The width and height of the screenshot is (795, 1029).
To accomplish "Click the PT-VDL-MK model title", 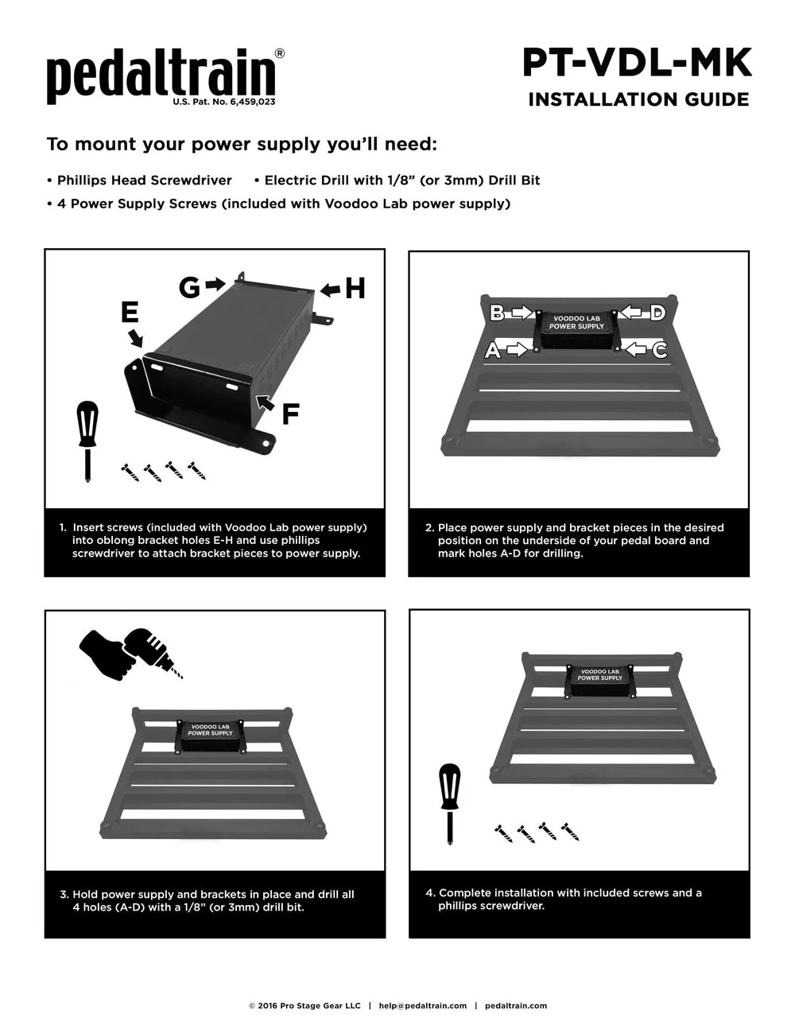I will click(x=637, y=63).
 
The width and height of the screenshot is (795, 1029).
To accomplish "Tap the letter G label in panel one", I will click(x=189, y=287).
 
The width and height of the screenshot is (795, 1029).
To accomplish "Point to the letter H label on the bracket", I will click(x=355, y=288).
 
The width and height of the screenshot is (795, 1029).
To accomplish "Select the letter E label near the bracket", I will click(x=130, y=313).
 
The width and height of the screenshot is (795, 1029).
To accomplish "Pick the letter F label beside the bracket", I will click(x=291, y=414).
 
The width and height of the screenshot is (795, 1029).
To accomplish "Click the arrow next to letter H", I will click(x=330, y=289).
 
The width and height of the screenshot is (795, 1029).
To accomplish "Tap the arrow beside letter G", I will click(x=215, y=284).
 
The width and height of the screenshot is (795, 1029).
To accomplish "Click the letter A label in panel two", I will click(x=493, y=350).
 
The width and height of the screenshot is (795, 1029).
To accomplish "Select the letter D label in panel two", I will click(x=657, y=313).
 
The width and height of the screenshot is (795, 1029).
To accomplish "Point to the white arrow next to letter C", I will click(x=637, y=349).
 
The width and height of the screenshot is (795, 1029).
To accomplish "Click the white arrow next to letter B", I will click(x=522, y=313).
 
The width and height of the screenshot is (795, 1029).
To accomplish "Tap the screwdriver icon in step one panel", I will click(x=87, y=441).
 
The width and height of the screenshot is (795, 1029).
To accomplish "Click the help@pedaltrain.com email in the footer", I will click(x=422, y=1005).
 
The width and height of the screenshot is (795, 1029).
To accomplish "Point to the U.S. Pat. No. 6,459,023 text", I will click(x=224, y=103).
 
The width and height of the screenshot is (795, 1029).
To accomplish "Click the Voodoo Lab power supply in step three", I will click(x=211, y=736).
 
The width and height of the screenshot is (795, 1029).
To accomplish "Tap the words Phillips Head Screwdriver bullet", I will click(x=144, y=181).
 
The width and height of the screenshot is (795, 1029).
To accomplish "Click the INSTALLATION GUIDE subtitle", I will click(x=638, y=99).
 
